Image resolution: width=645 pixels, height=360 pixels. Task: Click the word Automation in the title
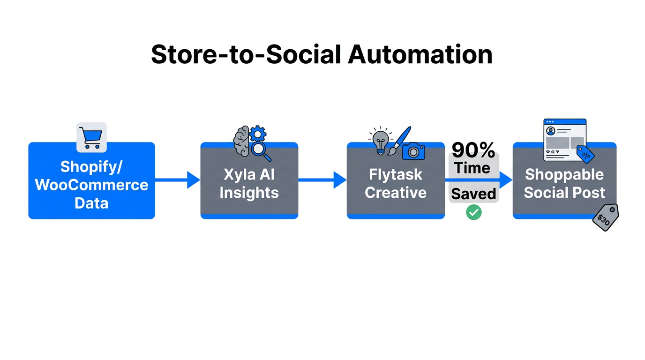[x=420, y=55]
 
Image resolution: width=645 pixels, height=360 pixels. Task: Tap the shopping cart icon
[x=91, y=138]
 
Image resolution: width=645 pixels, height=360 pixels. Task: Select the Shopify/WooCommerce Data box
[x=91, y=185]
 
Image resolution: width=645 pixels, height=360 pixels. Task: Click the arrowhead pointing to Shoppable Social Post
[x=506, y=180]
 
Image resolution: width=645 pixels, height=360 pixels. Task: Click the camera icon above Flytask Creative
[x=413, y=151]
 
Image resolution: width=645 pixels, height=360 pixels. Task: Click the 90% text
[x=473, y=150]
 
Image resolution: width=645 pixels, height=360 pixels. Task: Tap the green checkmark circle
[x=473, y=212]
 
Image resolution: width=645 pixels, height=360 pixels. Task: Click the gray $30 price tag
[x=605, y=217]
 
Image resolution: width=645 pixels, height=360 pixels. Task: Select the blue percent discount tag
[x=585, y=154]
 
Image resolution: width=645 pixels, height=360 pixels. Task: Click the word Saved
[x=473, y=194]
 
